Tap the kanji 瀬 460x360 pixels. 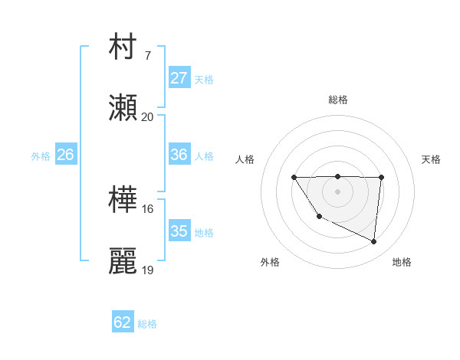(123, 108)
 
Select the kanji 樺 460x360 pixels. (123, 199)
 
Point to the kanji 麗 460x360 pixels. (123, 261)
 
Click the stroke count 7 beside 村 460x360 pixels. (148, 56)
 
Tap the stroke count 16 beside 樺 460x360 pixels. (148, 208)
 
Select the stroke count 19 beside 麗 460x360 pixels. (148, 270)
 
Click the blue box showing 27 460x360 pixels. (179, 78)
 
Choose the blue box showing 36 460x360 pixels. (179, 155)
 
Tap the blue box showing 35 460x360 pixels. (179, 231)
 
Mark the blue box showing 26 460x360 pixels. (65, 155)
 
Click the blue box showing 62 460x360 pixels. (123, 322)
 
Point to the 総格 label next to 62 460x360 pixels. (147, 324)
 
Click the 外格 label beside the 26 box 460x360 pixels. (41, 155)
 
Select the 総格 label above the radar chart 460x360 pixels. (338, 100)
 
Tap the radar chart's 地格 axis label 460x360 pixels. (402, 262)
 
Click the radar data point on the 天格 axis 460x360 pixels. (381, 178)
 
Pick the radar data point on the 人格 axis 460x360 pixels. (294, 178)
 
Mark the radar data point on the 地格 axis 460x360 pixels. (374, 241)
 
